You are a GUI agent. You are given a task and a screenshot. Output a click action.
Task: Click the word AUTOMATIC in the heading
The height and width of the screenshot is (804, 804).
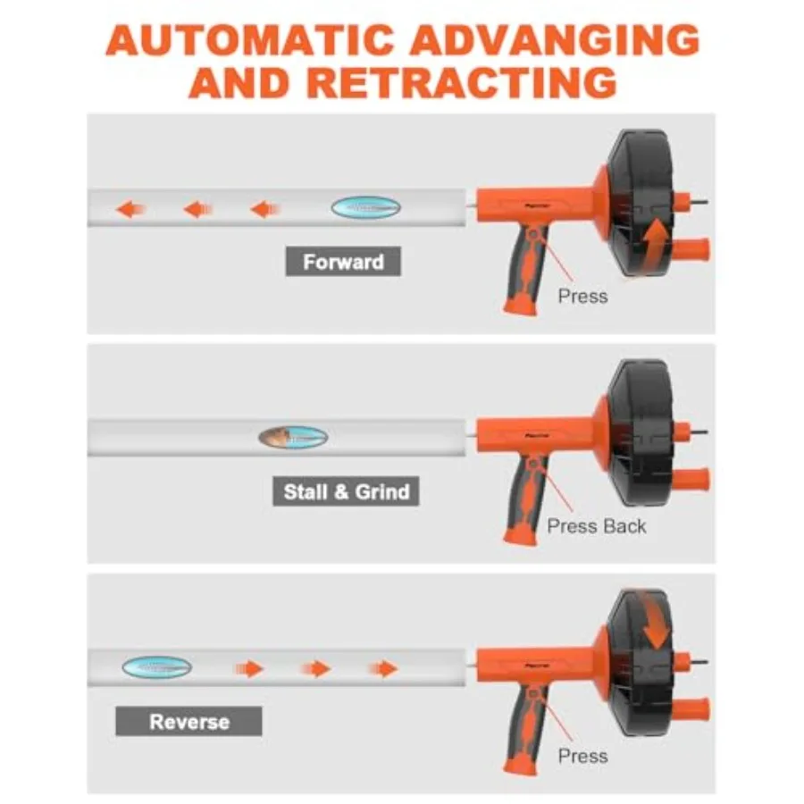pos(250,40)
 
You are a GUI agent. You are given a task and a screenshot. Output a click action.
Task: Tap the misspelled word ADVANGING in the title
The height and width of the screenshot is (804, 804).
pos(555,40)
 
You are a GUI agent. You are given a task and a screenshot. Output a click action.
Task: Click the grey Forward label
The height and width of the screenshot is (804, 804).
pos(343,262)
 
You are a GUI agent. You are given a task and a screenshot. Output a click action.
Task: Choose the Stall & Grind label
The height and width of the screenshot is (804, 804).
pos(346,491)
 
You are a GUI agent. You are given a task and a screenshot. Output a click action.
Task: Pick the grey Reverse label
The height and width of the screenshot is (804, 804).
pos(188,722)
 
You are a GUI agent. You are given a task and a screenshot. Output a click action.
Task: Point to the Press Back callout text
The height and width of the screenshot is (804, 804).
pos(597,526)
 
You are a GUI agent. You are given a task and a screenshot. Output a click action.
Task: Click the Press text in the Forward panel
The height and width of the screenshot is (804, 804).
pos(582,297)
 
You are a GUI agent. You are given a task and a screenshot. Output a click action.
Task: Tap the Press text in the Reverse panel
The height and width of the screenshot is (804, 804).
pos(582,756)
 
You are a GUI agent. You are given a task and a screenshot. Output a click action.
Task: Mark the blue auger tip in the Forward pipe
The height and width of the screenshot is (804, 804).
pos(365,207)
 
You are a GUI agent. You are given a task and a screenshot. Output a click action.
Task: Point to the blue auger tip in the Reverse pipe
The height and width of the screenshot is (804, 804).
pos(157,667)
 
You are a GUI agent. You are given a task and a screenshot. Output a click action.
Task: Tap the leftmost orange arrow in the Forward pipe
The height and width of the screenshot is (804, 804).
pos(130,209)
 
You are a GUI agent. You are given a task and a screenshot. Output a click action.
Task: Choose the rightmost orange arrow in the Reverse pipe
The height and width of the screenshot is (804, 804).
pos(383,668)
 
